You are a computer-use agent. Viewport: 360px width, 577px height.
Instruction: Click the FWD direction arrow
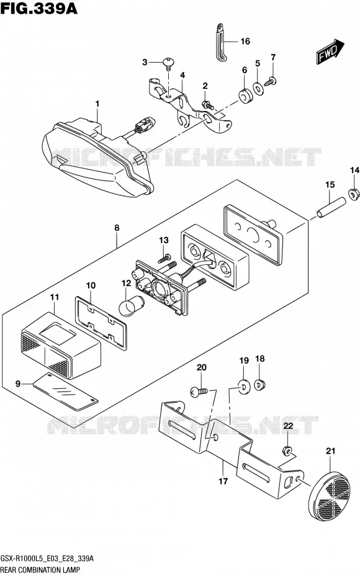click(x=330, y=51)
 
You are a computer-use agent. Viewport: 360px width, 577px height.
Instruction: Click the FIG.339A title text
click(x=39, y=8)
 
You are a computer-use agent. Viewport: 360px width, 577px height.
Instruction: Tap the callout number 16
click(x=245, y=41)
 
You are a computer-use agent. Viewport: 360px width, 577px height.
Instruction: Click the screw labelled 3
click(x=168, y=64)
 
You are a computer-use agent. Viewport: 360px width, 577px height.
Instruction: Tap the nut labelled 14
click(x=353, y=194)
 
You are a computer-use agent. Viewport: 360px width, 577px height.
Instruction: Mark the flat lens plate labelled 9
click(x=66, y=392)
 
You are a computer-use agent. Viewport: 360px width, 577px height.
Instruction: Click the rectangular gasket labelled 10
click(x=101, y=323)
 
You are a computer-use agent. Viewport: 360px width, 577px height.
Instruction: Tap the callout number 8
click(x=117, y=228)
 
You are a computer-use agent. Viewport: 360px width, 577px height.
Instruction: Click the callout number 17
click(x=223, y=481)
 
